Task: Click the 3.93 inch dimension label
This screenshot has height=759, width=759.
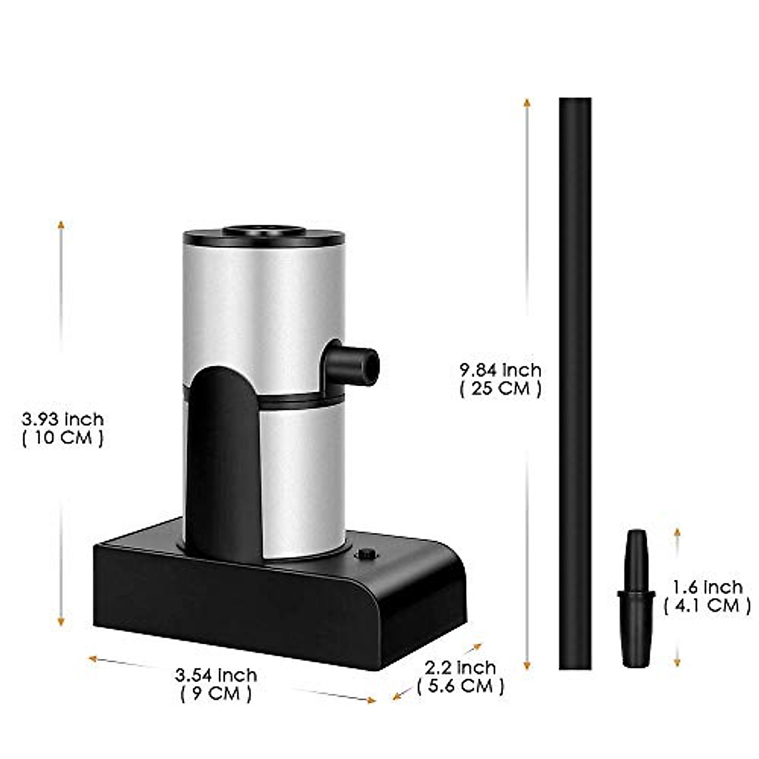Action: (x=62, y=419)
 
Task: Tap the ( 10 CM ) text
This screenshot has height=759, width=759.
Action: (x=62, y=438)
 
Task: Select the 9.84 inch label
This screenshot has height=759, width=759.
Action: (x=500, y=370)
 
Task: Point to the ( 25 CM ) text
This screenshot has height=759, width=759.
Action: (x=500, y=389)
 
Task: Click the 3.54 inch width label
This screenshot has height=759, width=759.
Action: (x=216, y=674)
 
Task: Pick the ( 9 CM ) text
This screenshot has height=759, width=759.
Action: (x=216, y=693)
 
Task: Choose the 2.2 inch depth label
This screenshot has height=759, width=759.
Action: (x=460, y=668)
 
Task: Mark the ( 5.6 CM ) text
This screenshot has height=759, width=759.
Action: (x=460, y=686)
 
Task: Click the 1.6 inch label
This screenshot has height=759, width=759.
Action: (x=707, y=587)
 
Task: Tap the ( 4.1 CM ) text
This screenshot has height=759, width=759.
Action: (x=707, y=605)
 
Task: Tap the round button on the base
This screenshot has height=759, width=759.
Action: (x=365, y=555)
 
